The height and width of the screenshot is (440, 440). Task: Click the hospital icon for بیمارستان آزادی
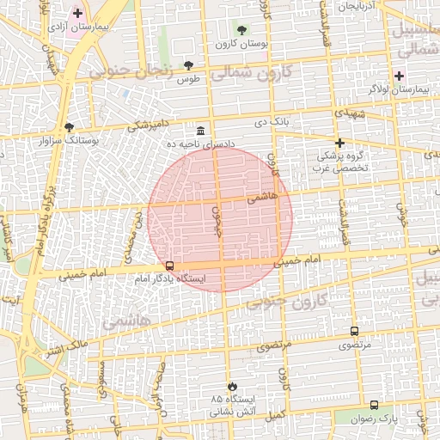coord(78,13)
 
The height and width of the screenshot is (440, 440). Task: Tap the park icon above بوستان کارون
coord(240,30)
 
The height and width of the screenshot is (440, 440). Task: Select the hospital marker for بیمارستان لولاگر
coord(399,76)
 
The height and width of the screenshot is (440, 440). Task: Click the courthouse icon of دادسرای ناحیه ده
coord(200,131)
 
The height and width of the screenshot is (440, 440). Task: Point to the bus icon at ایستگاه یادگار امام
coord(169,266)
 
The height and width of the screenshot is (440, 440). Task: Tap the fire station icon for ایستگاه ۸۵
coord(229,386)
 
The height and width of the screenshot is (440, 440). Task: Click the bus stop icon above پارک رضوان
coord(373,405)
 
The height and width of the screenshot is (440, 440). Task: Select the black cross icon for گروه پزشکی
coord(339,143)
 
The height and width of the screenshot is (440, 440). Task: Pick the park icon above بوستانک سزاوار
coord(69,126)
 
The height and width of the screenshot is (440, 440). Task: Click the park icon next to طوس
coord(189,65)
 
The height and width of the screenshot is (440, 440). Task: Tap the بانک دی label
coord(272,122)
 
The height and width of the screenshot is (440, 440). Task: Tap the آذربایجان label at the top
coord(357,6)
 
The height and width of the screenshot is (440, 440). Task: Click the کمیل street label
coord(274,415)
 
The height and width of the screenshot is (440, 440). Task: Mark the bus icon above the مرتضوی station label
coord(354,331)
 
